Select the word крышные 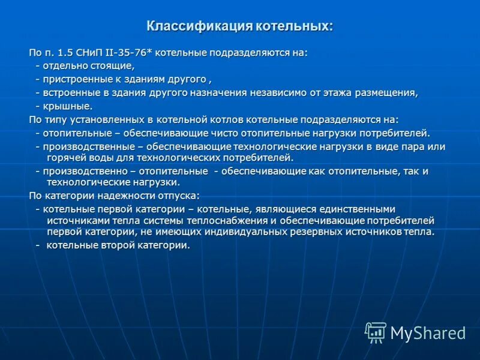pyautogui.click(x=68, y=106)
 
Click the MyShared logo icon pyautogui.click(x=376, y=332)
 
